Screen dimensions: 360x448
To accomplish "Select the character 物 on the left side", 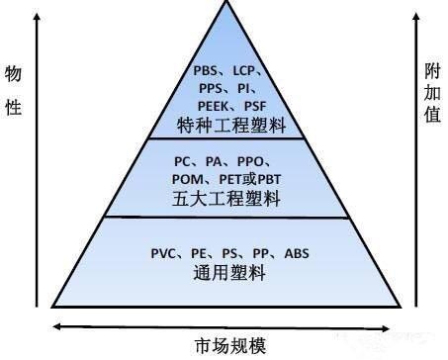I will [15, 73].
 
